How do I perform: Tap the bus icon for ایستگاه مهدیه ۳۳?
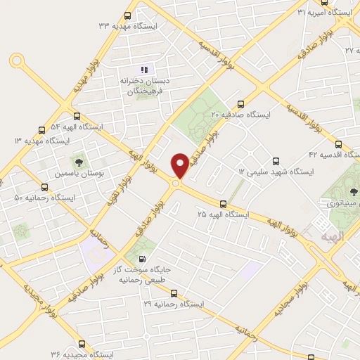[x=127, y=15]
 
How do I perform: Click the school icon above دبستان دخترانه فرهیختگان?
[x=144, y=69]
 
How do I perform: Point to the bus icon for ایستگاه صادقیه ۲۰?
[x=241, y=103]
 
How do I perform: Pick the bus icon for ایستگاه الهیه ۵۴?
[x=77, y=117]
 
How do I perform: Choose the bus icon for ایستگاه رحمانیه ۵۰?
[x=45, y=187]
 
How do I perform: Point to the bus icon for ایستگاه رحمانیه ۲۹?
[x=174, y=294]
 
